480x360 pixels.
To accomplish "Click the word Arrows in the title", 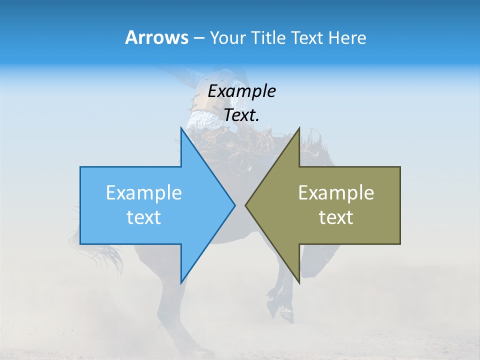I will coord(156,37).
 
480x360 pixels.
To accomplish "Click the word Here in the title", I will coord(347,38).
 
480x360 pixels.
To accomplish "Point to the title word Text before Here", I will coord(307,38).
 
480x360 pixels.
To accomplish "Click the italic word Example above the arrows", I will coord(241,91).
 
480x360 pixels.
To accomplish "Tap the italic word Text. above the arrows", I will coord(241,115).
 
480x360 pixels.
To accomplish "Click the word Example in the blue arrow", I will coord(144,192).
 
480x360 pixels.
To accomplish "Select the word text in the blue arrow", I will coord(144,217).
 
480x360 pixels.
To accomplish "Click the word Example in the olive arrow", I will coord(336,192).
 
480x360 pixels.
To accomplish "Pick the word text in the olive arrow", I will coord(336,217).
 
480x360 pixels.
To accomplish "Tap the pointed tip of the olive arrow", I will coord(246,204).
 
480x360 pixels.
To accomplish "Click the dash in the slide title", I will coord(198,38).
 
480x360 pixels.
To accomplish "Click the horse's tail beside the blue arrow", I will coord(107,255).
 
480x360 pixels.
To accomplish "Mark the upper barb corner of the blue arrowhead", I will coord(180,127).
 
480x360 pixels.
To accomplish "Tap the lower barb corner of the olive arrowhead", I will coord(299,283).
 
